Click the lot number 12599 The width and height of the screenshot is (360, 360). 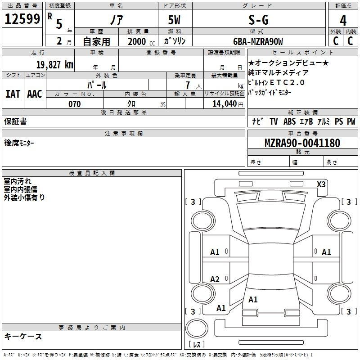22,19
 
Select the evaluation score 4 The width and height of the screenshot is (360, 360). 343,20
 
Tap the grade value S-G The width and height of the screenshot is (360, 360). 258,20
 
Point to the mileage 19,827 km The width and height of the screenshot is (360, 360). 55,64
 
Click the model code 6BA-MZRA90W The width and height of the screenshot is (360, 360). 258,41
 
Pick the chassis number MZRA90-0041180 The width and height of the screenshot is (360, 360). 302,143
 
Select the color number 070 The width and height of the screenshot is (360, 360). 75,104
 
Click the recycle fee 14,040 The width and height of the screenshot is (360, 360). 225,104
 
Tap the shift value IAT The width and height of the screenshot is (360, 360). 13,94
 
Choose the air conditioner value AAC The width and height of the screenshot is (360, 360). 35,94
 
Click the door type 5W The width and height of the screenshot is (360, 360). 174,20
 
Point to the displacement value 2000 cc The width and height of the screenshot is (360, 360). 141,42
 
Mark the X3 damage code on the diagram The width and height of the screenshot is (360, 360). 321,184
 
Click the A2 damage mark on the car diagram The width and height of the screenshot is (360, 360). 215,279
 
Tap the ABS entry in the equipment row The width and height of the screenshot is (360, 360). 289,121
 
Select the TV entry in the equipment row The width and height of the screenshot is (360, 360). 274,121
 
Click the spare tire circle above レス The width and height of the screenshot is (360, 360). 197,328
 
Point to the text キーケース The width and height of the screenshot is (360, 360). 23,336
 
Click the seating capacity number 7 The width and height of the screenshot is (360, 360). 188,85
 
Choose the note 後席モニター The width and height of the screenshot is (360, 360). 19,143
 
